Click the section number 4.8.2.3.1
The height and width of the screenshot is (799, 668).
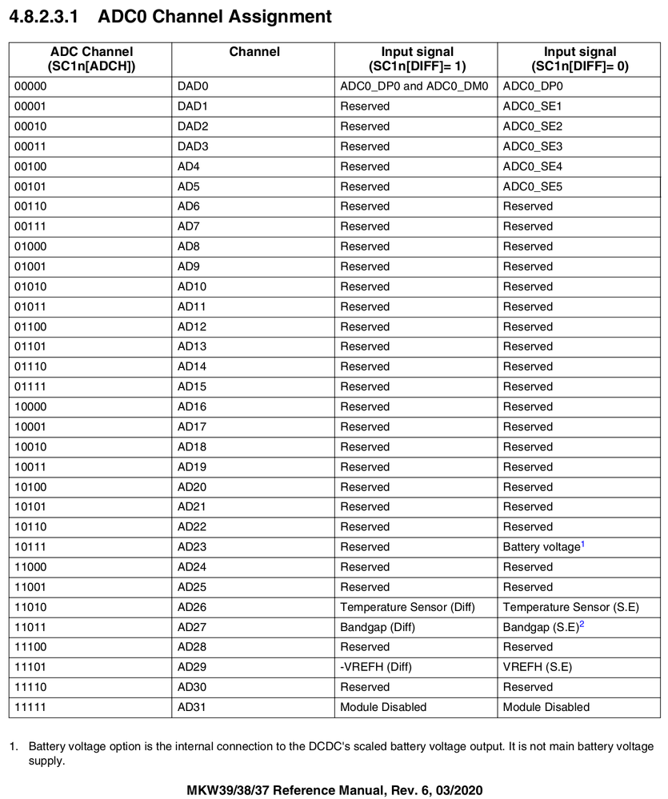43,16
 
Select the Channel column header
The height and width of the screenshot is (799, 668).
254,52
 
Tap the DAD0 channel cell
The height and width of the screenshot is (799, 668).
193,86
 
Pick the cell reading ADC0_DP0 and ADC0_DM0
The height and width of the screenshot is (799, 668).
414,86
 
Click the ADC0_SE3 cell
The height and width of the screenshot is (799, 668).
533,146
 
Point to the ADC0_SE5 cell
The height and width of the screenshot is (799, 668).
533,186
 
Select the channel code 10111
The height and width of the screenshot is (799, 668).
30,547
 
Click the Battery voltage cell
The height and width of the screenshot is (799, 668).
541,547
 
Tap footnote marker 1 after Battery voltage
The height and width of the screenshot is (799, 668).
583,544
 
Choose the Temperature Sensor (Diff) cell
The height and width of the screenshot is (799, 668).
407,607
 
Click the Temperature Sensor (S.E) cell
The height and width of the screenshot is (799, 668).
570,607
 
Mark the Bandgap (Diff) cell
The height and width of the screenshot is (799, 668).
378,627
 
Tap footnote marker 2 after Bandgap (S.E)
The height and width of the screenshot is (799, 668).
582,624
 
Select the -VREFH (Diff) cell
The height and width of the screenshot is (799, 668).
376,667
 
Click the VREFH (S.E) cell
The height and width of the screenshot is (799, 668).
537,667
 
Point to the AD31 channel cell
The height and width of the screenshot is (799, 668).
192,707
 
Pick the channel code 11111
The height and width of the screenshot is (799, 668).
30,707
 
